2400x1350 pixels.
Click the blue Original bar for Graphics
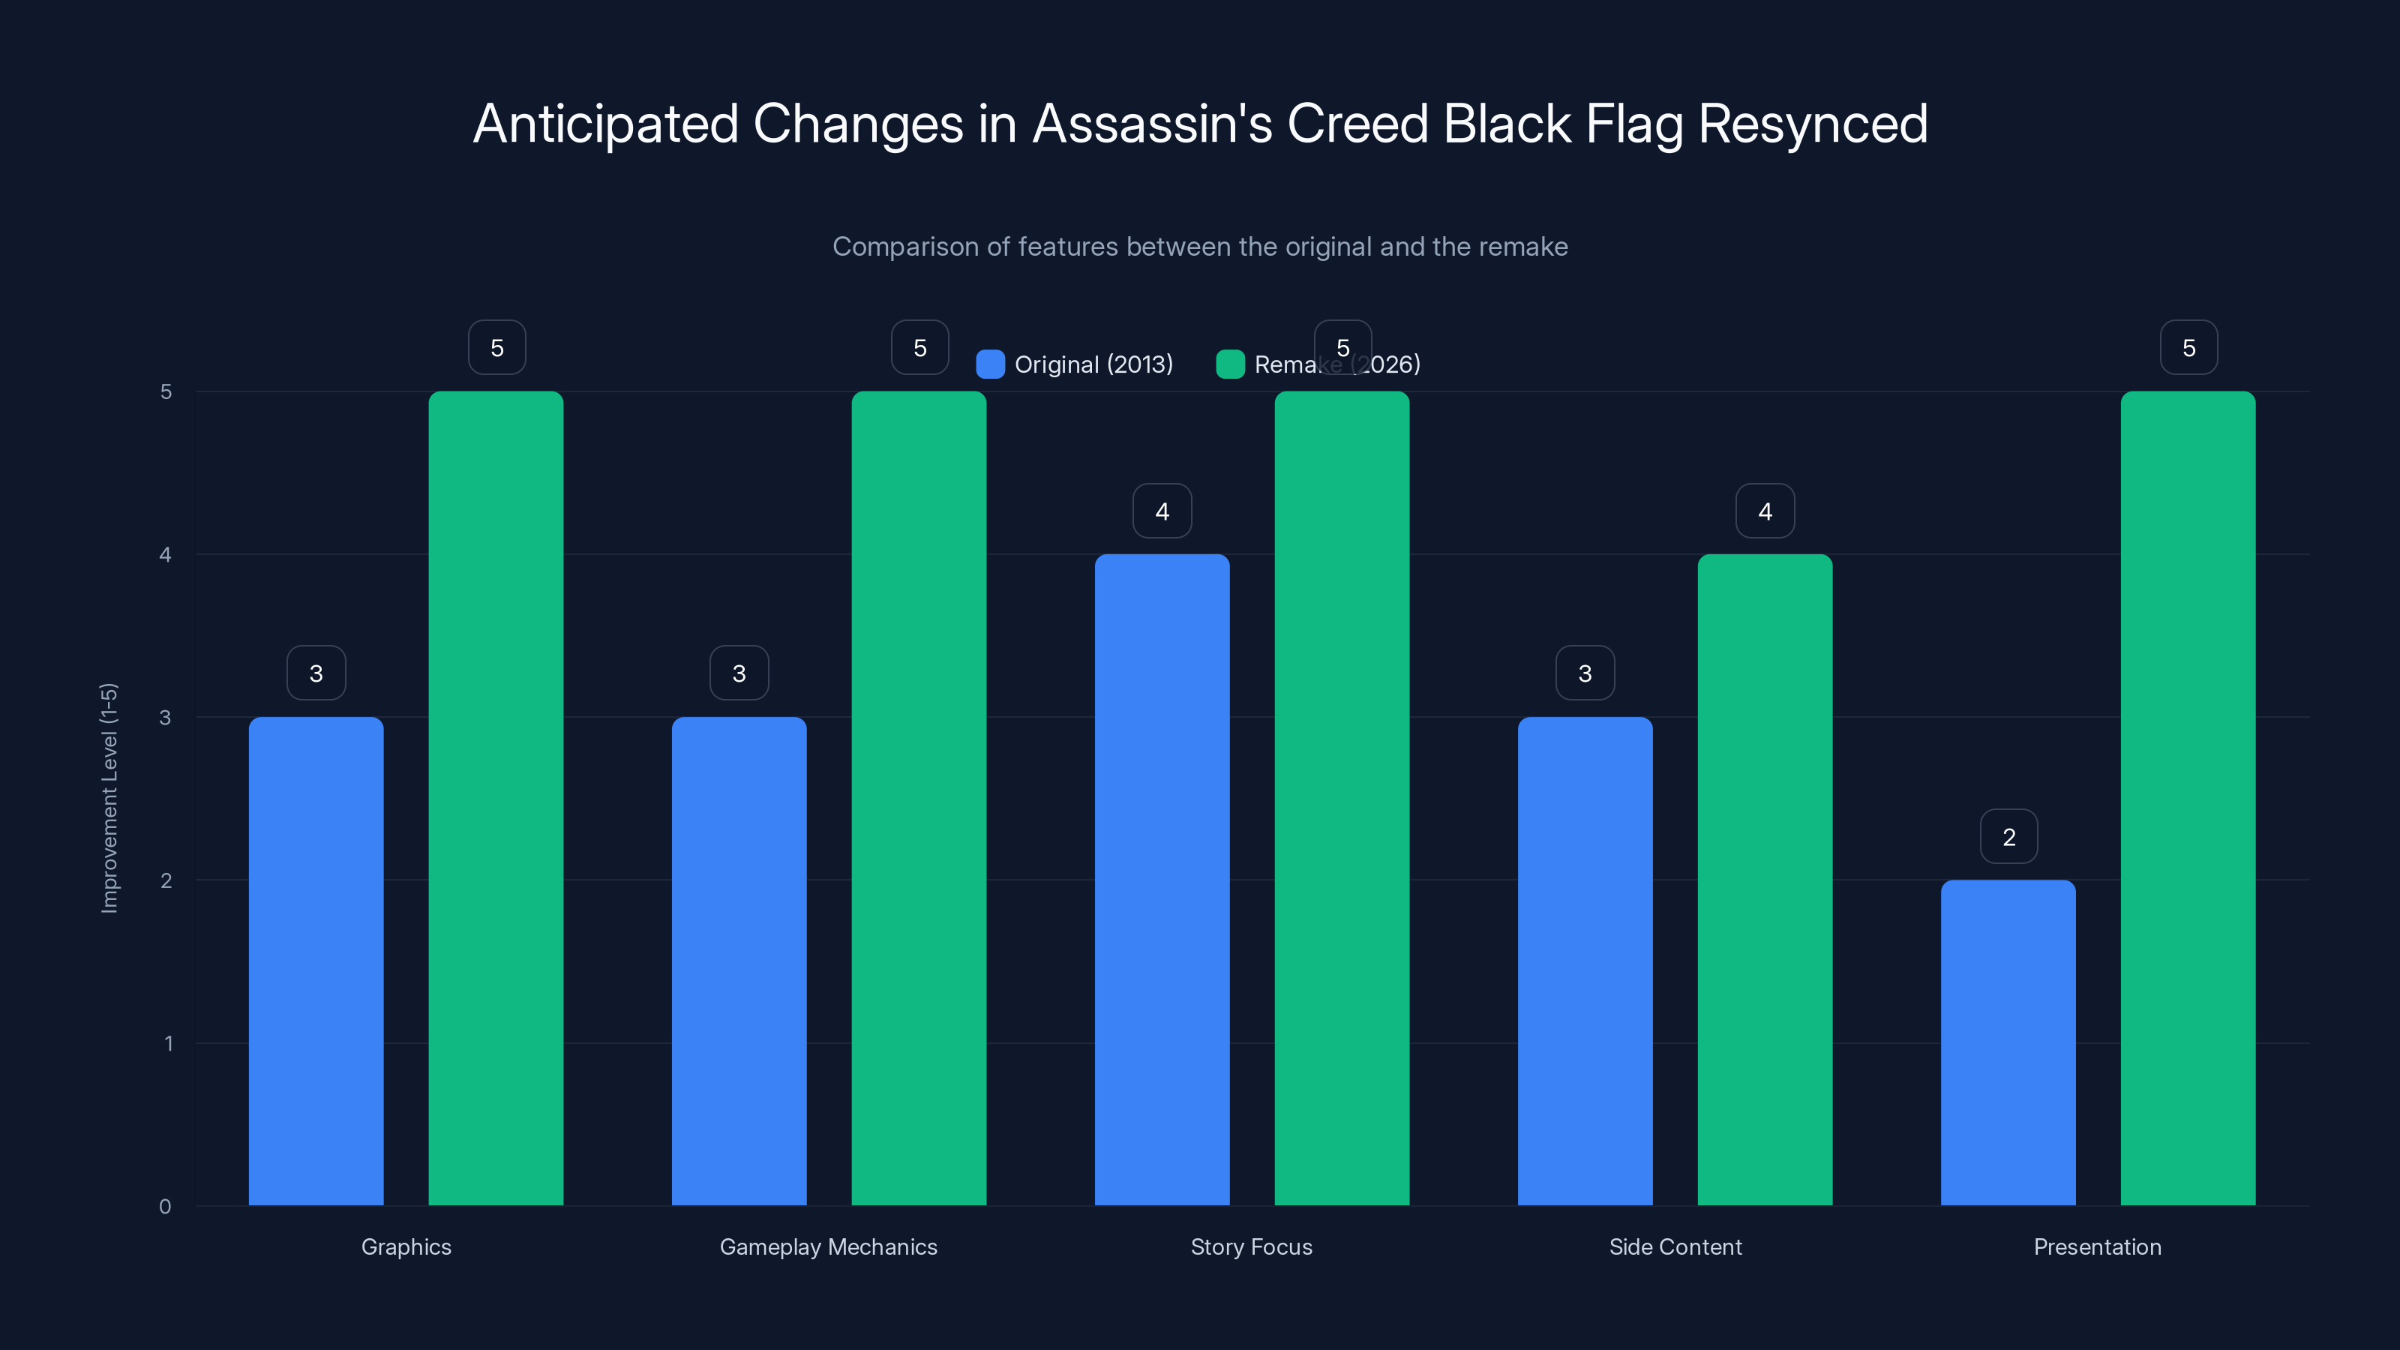(316, 960)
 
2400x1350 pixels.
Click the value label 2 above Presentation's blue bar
(2008, 837)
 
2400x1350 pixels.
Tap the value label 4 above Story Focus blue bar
(1162, 511)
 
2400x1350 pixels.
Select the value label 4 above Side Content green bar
(1765, 511)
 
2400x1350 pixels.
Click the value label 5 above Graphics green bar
(496, 347)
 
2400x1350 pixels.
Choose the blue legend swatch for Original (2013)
(989, 364)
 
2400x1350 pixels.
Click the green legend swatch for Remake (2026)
(1230, 364)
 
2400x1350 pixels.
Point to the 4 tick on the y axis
(166, 554)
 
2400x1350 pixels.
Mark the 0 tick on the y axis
(166, 1207)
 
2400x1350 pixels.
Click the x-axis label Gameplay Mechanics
(828, 1246)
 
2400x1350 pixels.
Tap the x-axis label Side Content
(1675, 1246)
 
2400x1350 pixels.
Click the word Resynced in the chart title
(1812, 124)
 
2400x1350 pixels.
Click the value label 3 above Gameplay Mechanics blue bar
(739, 673)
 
